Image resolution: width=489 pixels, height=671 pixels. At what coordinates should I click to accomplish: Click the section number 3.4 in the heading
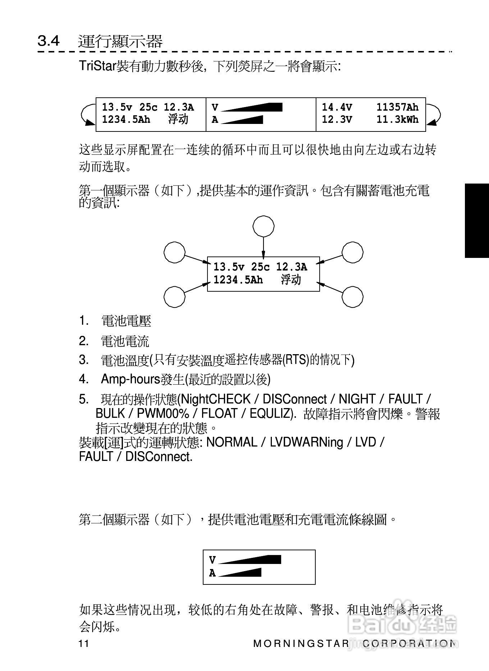click(49, 41)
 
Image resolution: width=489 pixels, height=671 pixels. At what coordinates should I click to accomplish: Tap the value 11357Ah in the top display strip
click(397, 107)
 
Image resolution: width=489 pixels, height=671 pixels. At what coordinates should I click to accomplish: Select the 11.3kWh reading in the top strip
click(397, 120)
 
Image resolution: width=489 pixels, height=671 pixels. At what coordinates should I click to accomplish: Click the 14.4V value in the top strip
click(337, 107)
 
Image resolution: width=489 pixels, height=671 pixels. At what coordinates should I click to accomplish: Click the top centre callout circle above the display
click(264, 227)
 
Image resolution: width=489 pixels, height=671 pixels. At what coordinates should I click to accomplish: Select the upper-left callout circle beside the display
click(175, 252)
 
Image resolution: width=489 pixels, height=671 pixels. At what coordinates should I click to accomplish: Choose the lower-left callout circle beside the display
click(175, 297)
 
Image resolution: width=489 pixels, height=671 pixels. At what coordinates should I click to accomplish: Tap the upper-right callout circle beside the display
click(352, 252)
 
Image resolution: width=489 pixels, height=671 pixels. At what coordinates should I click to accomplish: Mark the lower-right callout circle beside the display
click(352, 297)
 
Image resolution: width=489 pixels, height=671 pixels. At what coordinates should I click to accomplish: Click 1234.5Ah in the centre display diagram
click(238, 280)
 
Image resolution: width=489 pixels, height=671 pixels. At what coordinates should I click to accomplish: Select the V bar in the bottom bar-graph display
click(250, 560)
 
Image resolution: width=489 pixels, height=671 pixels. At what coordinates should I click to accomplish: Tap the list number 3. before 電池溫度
click(83, 360)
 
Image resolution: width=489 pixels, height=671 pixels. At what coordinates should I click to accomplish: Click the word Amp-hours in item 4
click(130, 379)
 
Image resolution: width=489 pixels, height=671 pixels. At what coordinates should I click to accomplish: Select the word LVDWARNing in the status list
click(306, 442)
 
